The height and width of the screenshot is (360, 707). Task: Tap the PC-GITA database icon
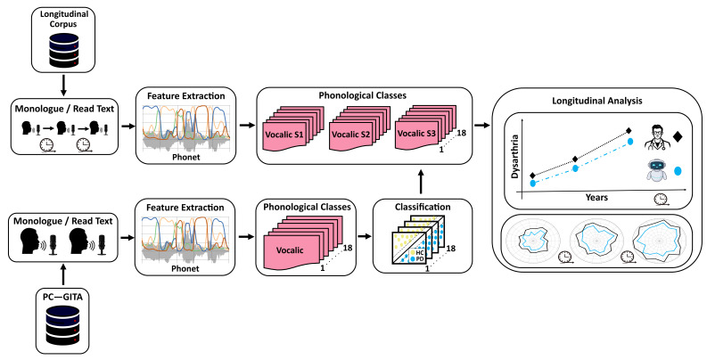[63, 324]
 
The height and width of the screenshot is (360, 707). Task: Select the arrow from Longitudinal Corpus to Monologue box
[63, 84]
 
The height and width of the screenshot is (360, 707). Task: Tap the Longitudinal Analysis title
[597, 101]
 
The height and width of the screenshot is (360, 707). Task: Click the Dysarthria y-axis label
[515, 156]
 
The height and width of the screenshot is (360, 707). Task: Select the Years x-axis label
[596, 197]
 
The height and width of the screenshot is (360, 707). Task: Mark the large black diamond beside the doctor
[678, 136]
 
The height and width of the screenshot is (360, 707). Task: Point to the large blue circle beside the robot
[678, 171]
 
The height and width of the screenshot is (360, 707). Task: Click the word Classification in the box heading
[423, 208]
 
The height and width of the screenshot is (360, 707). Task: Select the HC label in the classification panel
[419, 253]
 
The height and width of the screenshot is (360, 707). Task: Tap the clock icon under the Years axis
[661, 199]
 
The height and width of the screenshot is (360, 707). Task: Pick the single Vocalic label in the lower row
[290, 250]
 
